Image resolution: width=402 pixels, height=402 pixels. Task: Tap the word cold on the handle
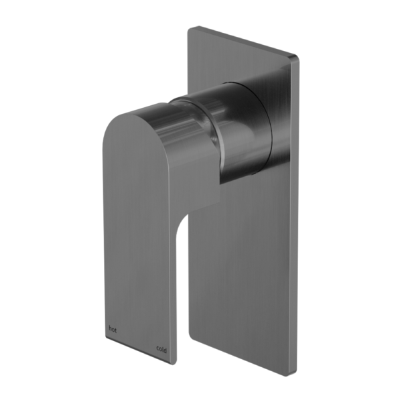pyautogui.click(x=161, y=348)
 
